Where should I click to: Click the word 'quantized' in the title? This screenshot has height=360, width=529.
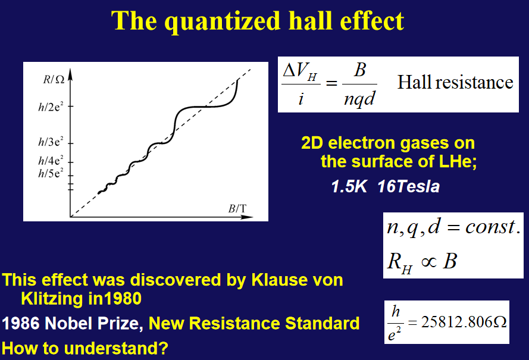pos(223,21)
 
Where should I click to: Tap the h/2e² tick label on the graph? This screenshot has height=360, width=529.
pos(51,107)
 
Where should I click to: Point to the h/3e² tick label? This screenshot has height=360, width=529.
pos(51,142)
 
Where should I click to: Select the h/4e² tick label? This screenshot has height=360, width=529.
pos(51,160)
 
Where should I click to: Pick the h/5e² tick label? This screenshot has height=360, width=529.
pos(51,173)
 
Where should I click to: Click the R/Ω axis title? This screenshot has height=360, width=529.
pos(54,80)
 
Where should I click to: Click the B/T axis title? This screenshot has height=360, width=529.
pos(237,209)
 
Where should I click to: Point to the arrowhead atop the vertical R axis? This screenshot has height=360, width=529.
pos(70,74)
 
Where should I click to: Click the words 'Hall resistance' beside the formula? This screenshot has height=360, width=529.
pos(455,82)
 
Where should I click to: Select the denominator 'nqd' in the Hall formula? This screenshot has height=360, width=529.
pos(359,98)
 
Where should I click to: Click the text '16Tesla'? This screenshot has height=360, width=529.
pos(409,187)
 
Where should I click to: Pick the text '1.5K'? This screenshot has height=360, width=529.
pos(349,187)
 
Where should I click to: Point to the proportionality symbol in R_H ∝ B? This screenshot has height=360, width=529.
pos(429,262)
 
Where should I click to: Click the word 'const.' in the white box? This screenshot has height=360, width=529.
pos(493,227)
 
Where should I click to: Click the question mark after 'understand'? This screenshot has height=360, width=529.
pos(163,348)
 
